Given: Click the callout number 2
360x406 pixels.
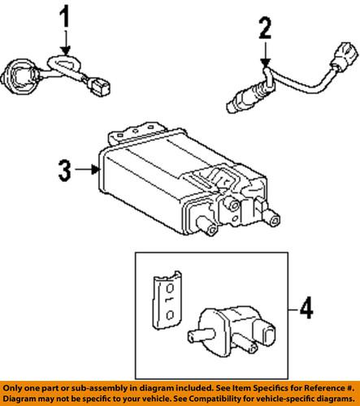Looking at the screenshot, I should (x=263, y=32).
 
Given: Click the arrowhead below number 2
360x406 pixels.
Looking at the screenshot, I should (x=263, y=63).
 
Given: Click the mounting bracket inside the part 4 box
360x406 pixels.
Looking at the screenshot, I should (x=166, y=300).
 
